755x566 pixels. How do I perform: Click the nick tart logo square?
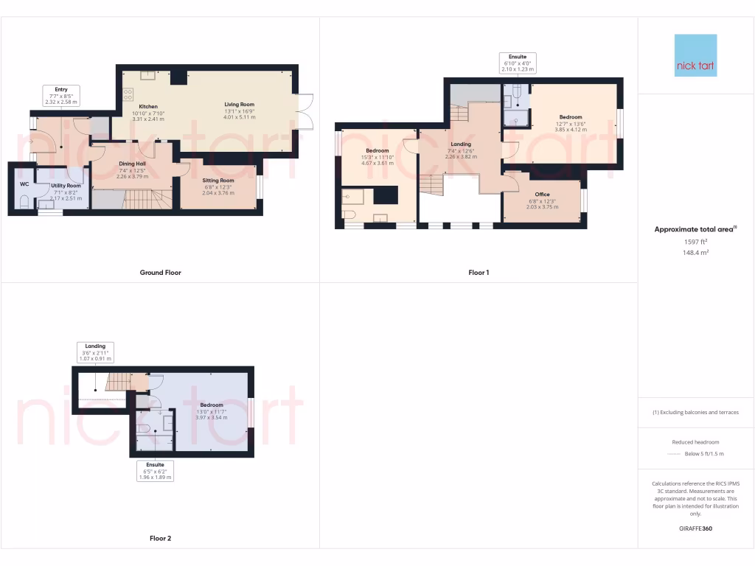[x=695, y=55]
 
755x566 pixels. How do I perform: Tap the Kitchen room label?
[x=148, y=107]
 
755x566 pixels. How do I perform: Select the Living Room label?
[x=240, y=105]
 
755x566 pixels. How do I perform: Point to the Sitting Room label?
[x=218, y=181]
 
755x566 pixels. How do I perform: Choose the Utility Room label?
[x=66, y=186]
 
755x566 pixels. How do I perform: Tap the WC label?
[x=24, y=184]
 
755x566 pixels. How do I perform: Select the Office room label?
[x=543, y=195]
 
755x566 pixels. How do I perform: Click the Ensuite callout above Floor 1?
[x=517, y=62]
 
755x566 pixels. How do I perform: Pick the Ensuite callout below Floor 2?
[x=156, y=471]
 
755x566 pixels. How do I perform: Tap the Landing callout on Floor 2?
[x=95, y=352]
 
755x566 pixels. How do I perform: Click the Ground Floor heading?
[x=160, y=273]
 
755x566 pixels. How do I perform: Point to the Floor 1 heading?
[x=479, y=273]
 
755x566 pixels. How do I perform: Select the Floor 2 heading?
[x=160, y=538]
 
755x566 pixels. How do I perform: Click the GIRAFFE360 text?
[x=695, y=528]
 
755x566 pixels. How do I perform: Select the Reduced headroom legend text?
[x=695, y=442]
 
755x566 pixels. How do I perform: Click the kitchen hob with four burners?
[x=128, y=94]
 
